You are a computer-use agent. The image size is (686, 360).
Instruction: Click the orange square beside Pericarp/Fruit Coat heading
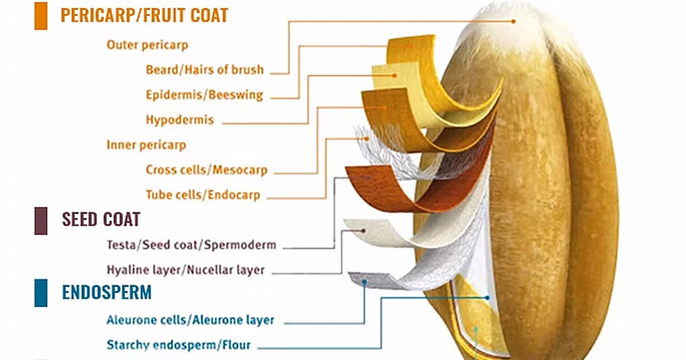[41, 15]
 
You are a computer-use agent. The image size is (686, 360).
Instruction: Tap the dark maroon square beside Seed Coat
[41, 221]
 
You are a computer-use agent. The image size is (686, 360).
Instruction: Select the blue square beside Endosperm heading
[41, 293]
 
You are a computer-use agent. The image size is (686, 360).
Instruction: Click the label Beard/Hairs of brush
[205, 70]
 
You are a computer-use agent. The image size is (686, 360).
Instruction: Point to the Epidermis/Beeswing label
[204, 95]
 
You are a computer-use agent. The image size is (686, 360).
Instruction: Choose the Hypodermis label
[180, 120]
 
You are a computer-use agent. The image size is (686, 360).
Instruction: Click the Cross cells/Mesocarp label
[206, 170]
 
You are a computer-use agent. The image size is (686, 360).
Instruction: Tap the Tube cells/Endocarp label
[203, 195]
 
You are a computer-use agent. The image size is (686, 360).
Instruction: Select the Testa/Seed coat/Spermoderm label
[192, 245]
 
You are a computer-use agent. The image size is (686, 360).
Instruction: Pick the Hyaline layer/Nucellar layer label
[186, 270]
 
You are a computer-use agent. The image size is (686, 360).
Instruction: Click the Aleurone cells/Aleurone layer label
[190, 320]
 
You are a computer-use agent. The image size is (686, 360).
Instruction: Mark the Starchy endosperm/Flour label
[178, 345]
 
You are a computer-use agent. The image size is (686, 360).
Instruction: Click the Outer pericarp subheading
[147, 45]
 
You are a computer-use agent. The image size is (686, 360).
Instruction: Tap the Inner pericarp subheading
[146, 145]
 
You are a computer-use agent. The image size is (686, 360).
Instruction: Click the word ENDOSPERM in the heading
[107, 293]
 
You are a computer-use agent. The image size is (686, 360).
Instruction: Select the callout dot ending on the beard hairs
[513, 21]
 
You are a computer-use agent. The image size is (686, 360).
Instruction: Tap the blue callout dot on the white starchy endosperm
[487, 298]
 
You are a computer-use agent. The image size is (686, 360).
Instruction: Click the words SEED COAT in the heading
[101, 219]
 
